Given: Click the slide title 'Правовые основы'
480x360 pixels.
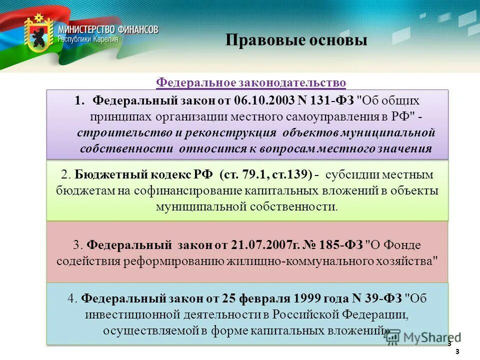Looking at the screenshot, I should click(x=296, y=40).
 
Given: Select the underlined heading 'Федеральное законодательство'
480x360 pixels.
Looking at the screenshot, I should click(x=251, y=82).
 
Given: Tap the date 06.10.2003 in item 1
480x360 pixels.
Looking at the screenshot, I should click(x=264, y=100).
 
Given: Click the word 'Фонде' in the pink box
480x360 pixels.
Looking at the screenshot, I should click(x=403, y=245).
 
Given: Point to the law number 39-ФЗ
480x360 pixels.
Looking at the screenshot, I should click(x=381, y=298).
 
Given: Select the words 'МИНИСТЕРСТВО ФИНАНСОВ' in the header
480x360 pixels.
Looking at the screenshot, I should click(x=108, y=29).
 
